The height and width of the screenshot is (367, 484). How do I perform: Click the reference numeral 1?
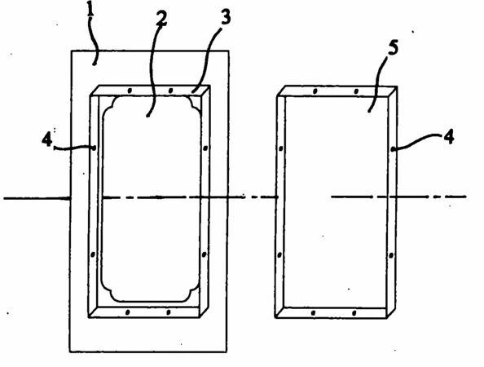click(x=90, y=9)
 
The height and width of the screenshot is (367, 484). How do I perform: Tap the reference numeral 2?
click(x=161, y=19)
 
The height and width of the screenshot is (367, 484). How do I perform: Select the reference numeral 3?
click(x=226, y=17)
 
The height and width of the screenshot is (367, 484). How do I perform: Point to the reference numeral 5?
click(x=393, y=48)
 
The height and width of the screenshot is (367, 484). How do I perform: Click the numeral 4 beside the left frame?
click(x=47, y=140)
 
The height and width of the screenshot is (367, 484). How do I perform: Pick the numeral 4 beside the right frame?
click(x=449, y=136)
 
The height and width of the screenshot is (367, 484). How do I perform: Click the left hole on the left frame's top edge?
click(x=130, y=91)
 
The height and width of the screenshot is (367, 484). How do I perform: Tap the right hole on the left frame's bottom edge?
click(x=169, y=312)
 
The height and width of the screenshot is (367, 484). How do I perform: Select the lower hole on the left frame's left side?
click(x=93, y=254)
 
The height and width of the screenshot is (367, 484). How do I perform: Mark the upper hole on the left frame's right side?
click(x=206, y=148)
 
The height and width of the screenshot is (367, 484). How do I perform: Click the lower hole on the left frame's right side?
click(x=204, y=254)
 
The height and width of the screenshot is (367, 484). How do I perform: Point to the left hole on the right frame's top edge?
click(x=315, y=91)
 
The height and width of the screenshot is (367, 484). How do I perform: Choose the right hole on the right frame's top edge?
click(x=356, y=91)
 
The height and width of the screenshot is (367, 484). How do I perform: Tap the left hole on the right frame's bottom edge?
click(x=314, y=313)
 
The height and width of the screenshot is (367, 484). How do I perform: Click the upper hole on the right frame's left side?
click(x=281, y=148)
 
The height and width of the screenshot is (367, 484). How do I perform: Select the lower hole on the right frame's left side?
click(x=279, y=255)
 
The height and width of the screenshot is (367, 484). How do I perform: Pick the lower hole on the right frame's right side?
click(x=391, y=255)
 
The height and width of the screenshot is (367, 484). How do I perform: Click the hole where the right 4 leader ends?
click(x=393, y=149)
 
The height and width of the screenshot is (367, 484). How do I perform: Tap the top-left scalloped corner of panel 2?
click(x=109, y=104)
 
